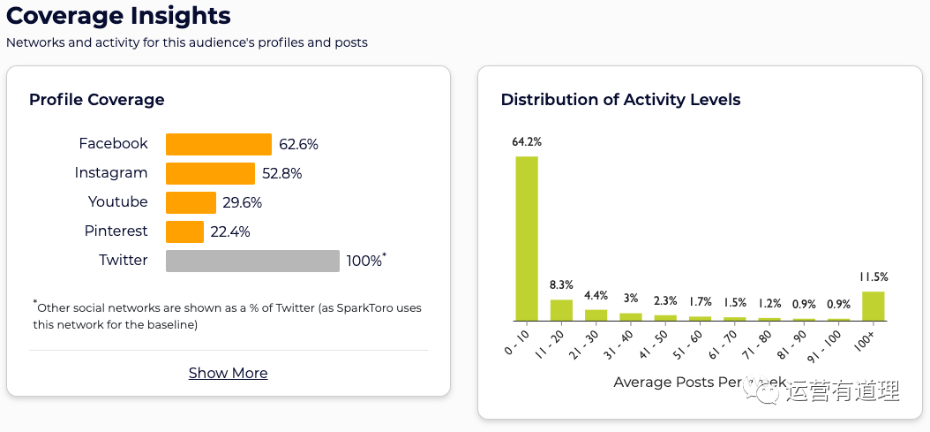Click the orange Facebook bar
[218, 144]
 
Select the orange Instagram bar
[210, 173]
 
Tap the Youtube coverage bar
[191, 202]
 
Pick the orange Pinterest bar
[184, 231]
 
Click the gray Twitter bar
[252, 261]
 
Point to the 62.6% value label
[298, 144]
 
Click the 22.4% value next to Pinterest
[230, 231]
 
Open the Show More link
[228, 373]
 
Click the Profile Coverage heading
[96, 100]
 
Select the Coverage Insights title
[118, 16]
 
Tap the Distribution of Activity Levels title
[620, 100]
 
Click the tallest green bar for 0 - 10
[527, 238]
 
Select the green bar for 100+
[873, 306]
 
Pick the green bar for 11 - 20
[561, 310]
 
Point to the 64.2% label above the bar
[527, 141]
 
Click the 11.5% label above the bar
[873, 277]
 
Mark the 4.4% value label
[596, 295]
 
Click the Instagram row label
[111, 173]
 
